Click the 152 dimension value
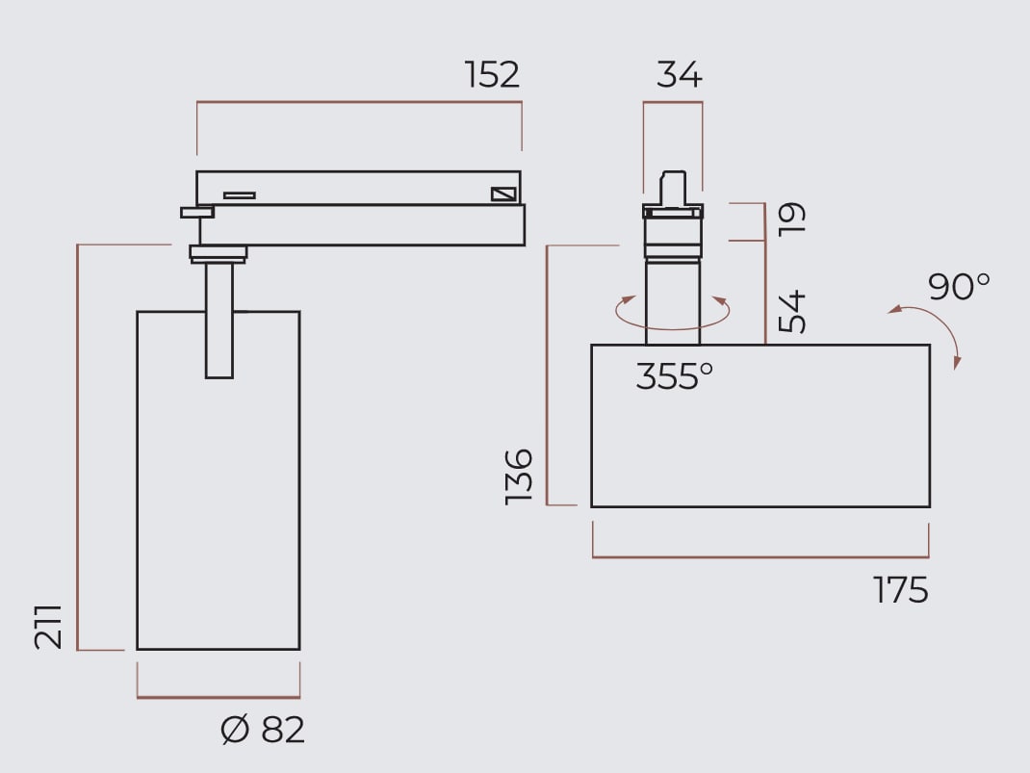493,74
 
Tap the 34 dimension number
680,74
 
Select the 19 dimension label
791,219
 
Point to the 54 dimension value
791,311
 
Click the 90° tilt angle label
959,286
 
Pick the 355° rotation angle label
675,377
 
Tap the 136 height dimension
518,477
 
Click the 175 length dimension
901,589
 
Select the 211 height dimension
48,628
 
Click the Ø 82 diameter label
263,730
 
